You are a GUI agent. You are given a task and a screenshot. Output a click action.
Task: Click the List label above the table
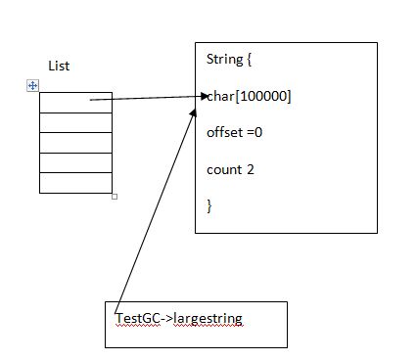click(59, 66)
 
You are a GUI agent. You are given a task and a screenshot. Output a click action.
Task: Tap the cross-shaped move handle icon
click(32, 86)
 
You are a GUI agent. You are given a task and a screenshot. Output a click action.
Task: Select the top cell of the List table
click(75, 102)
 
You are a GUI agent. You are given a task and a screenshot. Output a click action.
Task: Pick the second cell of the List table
click(75, 121)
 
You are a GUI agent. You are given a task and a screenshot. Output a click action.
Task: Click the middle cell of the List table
click(75, 142)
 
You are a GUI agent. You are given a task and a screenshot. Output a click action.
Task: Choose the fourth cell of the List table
click(75, 162)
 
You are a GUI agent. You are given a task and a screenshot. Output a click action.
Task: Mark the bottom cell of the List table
click(75, 183)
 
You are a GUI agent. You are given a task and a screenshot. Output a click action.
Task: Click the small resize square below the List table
click(115, 196)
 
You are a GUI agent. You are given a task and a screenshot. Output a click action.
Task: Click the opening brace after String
click(250, 60)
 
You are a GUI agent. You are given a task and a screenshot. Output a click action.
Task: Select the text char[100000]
click(250, 96)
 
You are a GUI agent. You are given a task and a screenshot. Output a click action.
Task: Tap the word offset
click(223, 132)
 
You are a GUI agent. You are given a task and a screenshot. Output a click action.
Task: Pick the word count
click(223, 169)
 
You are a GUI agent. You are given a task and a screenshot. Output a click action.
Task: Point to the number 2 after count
click(251, 169)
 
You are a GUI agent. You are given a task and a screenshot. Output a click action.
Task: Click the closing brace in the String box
click(209, 205)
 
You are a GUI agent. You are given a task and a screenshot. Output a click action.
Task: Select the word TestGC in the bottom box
click(136, 319)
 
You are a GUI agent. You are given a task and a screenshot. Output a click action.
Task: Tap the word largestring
click(208, 319)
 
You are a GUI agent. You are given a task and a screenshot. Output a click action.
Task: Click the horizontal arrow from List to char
click(147, 98)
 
